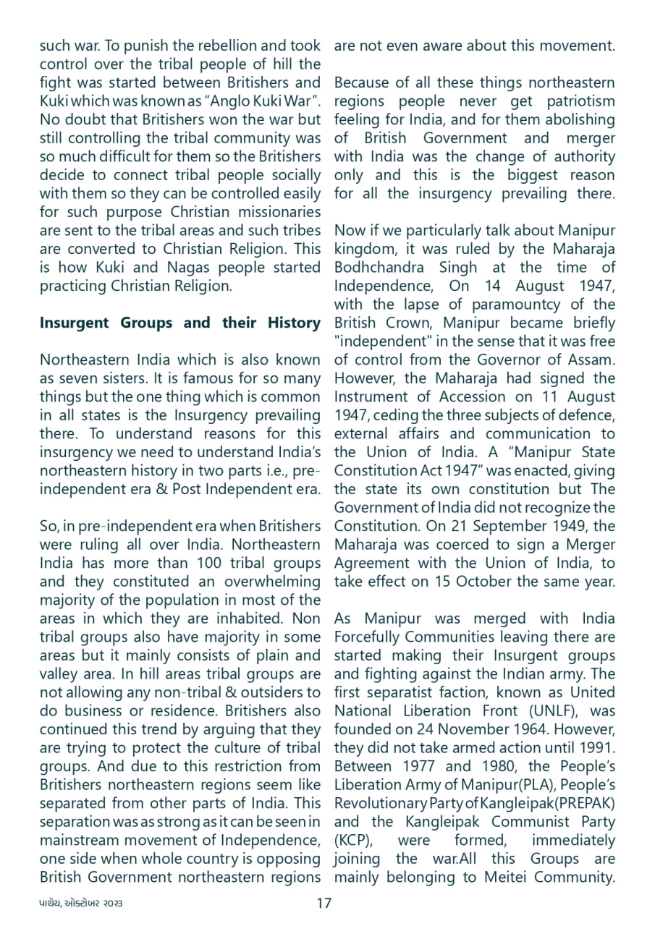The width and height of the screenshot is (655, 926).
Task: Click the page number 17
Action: click(x=324, y=903)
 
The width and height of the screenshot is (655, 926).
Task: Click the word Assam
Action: click(x=588, y=360)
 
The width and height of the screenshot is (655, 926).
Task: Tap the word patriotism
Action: click(x=575, y=101)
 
